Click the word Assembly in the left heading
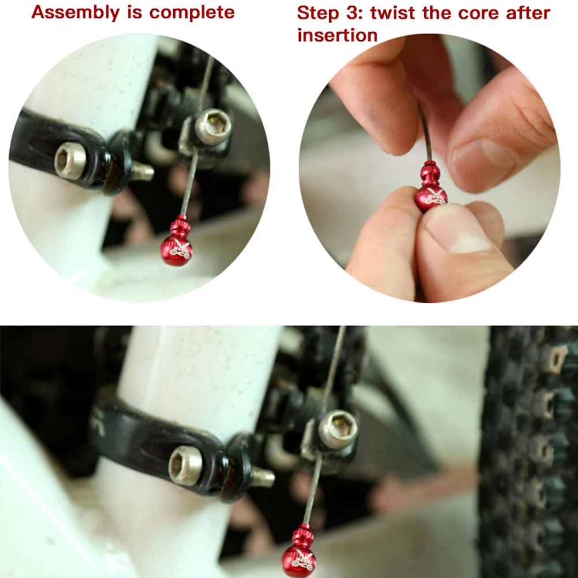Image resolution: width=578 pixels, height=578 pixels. click(76, 13)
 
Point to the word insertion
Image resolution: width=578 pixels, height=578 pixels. click(337, 35)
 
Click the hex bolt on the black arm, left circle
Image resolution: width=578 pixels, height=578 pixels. click(70, 161)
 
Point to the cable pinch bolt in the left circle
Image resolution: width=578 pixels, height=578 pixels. click(213, 127)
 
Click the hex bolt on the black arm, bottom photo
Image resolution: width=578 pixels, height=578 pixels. click(185, 465)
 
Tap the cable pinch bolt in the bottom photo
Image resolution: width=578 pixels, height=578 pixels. click(338, 430)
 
